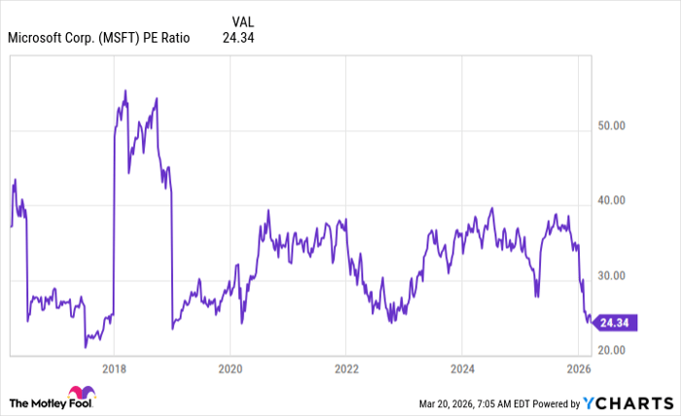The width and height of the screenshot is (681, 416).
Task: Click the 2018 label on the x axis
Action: [114, 368]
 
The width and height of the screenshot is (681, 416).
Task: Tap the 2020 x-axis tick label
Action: [230, 368]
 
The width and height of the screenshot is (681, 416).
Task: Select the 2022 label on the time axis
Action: [346, 368]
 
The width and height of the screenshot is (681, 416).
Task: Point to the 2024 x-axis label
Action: [463, 368]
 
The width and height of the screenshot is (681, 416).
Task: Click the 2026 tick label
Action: [579, 368]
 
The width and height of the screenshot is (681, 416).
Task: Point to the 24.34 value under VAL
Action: [238, 39]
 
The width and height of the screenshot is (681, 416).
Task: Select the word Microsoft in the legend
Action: [37, 39]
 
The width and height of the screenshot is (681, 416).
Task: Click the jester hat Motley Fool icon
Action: [18, 401]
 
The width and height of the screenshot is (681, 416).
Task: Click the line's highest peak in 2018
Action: [125, 90]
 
